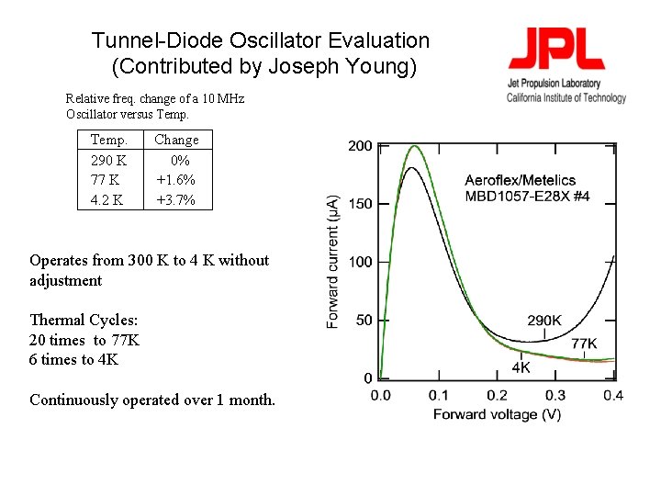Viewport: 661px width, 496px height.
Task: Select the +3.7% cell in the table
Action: (x=176, y=200)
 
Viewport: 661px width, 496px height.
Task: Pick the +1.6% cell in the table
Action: (x=176, y=180)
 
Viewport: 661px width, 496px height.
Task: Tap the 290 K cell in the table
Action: (x=109, y=160)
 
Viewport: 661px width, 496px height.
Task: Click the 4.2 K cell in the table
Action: (x=107, y=200)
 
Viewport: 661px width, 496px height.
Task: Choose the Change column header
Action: (x=176, y=140)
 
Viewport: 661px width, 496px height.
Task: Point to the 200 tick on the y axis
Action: (x=360, y=146)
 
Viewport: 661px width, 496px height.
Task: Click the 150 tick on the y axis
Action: (x=360, y=204)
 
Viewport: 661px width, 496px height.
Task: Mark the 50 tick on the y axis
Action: (x=364, y=320)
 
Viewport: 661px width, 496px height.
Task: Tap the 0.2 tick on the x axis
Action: (x=497, y=395)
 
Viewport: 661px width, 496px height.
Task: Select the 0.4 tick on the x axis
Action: (x=612, y=395)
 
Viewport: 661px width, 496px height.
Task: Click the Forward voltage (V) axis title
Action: (x=497, y=414)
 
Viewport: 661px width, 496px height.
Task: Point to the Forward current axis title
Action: (x=333, y=262)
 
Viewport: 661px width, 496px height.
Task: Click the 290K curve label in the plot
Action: (x=544, y=321)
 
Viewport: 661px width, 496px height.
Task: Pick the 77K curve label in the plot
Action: (x=584, y=344)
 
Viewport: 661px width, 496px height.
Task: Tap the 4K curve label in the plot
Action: (x=521, y=368)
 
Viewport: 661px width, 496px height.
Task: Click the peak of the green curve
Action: (x=414, y=146)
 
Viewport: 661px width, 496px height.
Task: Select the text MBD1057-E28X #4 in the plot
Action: (x=527, y=196)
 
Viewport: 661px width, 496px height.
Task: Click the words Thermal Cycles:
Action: (x=84, y=321)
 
